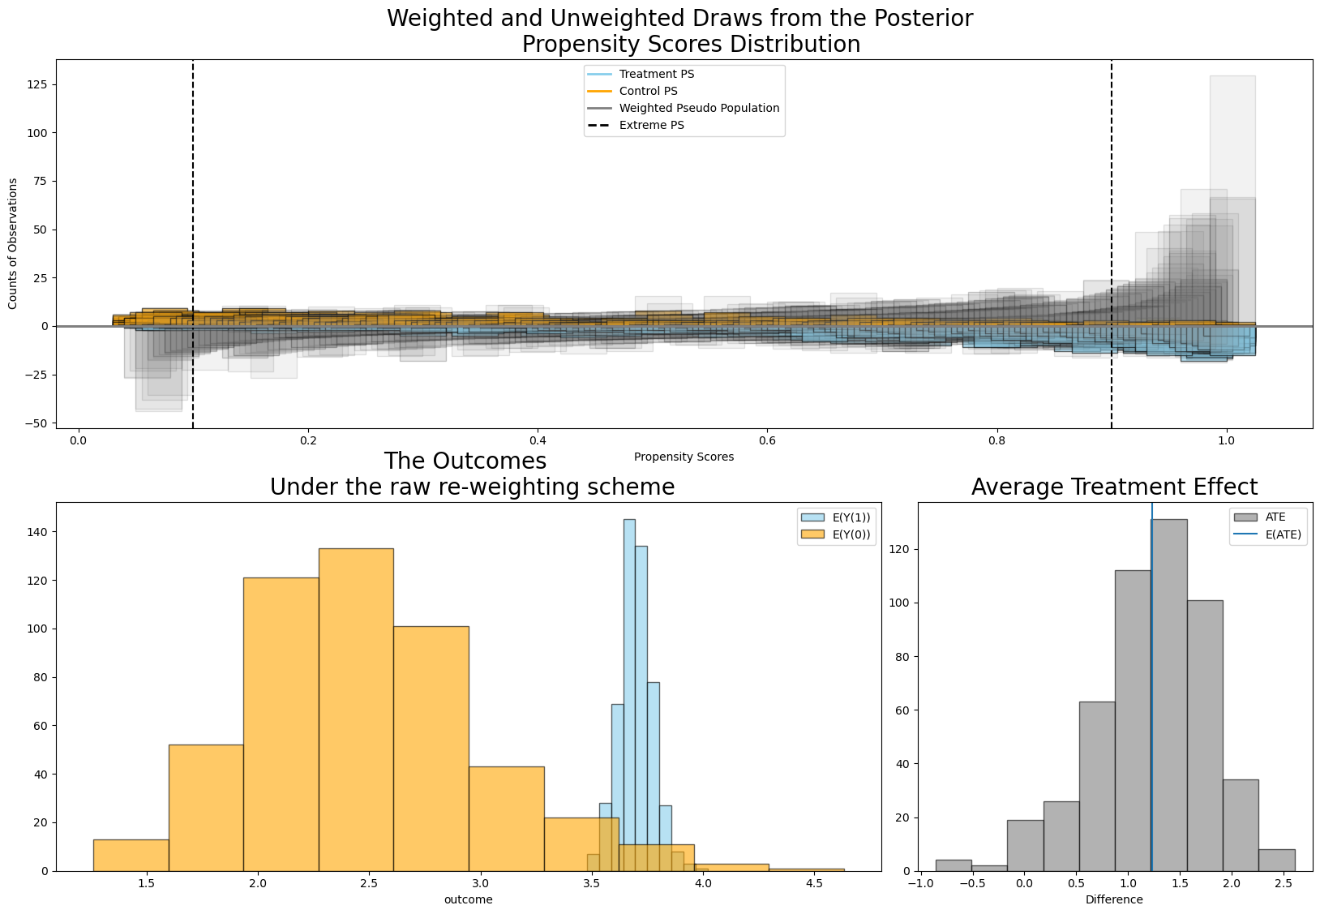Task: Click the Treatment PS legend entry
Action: tap(656, 74)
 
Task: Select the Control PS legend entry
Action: tap(648, 91)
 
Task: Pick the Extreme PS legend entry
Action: tap(651, 125)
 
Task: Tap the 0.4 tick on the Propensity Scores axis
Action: tap(537, 440)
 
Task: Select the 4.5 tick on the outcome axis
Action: tap(814, 883)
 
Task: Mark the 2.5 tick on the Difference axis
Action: tap(1283, 883)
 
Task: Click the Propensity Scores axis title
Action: tap(684, 457)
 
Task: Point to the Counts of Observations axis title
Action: tap(13, 243)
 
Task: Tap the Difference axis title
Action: tap(1114, 899)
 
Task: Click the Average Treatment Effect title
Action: tap(1114, 487)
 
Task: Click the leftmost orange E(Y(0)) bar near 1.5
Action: tap(131, 855)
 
